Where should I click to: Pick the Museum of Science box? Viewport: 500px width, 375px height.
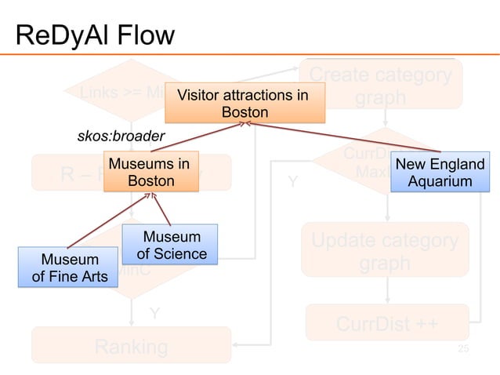click(x=172, y=245)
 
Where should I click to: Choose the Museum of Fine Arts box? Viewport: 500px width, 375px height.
click(x=70, y=268)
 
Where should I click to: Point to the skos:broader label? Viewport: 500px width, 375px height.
click(x=121, y=136)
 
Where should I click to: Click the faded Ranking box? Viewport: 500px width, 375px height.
click(x=131, y=346)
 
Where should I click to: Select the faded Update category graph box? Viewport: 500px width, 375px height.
click(x=386, y=252)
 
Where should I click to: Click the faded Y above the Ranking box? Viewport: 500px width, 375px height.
click(x=156, y=314)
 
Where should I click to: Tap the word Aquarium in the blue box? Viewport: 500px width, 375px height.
click(x=440, y=182)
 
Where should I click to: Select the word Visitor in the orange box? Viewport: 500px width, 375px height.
click(x=201, y=96)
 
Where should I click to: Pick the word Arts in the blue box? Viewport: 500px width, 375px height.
click(x=91, y=276)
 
